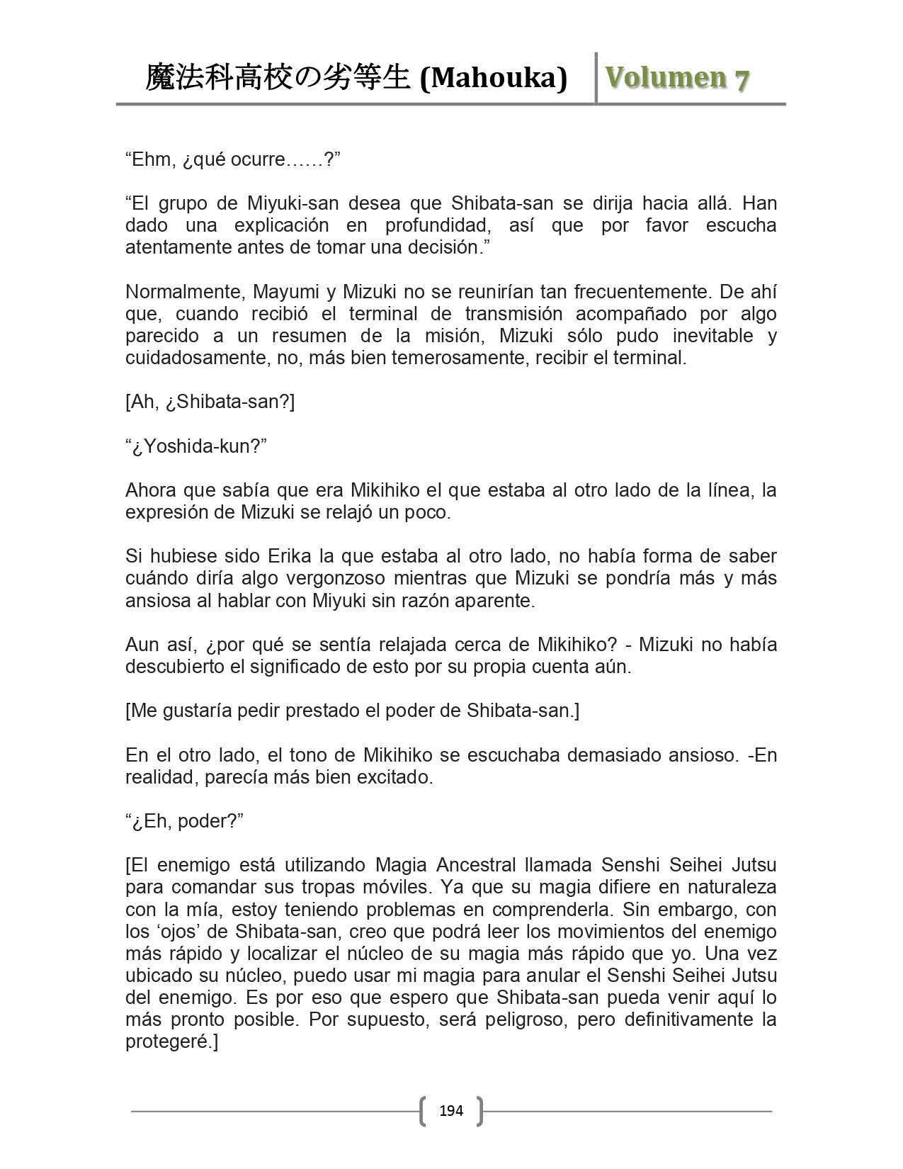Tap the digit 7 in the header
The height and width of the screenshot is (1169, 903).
coord(741,79)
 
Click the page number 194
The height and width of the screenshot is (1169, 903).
coord(451,1110)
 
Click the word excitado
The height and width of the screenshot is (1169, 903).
coord(393,777)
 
